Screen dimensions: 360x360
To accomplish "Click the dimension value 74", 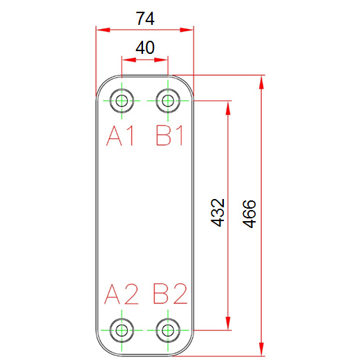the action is (x=145, y=19).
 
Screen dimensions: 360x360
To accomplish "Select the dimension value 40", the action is (x=145, y=48).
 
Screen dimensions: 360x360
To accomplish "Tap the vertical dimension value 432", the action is (x=218, y=212).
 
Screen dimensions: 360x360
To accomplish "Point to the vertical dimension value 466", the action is (x=249, y=214).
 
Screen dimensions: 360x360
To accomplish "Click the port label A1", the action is (x=120, y=135).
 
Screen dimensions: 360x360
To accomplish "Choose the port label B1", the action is (x=169, y=135).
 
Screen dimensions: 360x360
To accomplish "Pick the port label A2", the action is (x=121, y=294).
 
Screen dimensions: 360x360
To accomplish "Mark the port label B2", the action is (x=170, y=294).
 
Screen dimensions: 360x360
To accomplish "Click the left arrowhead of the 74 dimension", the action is (x=103, y=30).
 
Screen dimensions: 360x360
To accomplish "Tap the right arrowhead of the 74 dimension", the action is (x=187, y=30).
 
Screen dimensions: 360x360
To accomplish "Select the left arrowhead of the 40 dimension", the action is (x=129, y=60).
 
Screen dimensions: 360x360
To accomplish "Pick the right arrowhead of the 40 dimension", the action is (x=161, y=60).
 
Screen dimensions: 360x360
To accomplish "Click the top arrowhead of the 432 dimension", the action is (x=228, y=108).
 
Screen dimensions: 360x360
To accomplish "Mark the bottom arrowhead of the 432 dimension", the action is (x=228, y=323).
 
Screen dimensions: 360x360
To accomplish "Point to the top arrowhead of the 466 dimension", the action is (x=261, y=82).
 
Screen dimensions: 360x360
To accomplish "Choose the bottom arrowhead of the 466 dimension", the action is (x=261, y=349).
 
